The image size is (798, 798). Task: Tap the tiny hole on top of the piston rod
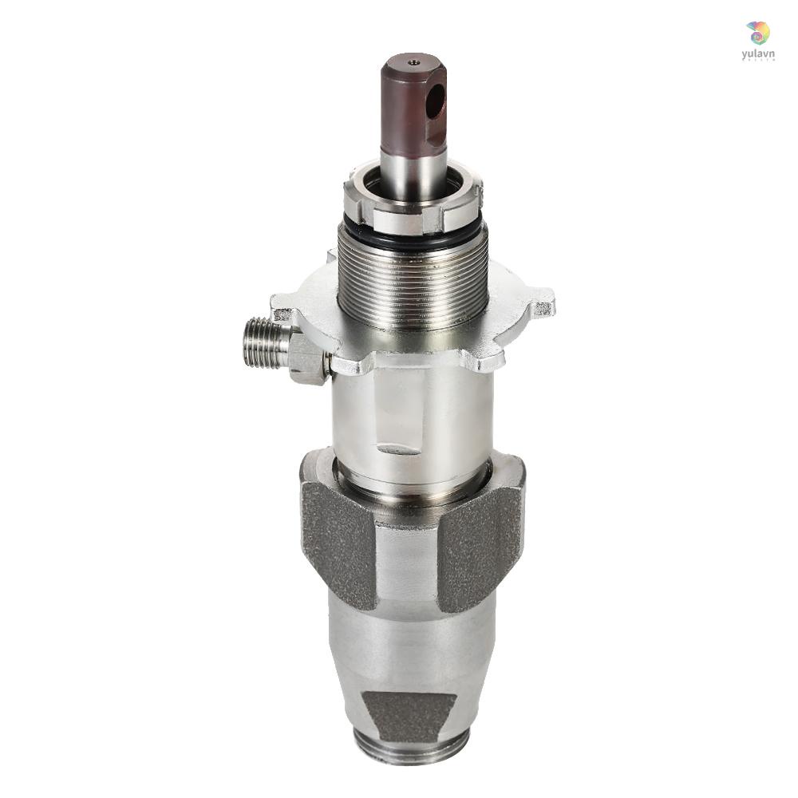pos(413,61)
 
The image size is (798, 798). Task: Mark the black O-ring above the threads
pos(413,239)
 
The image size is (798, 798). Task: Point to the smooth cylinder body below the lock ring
pos(413,415)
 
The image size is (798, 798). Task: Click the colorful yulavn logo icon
pos(757,33)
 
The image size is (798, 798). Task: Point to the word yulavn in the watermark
pos(757,53)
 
